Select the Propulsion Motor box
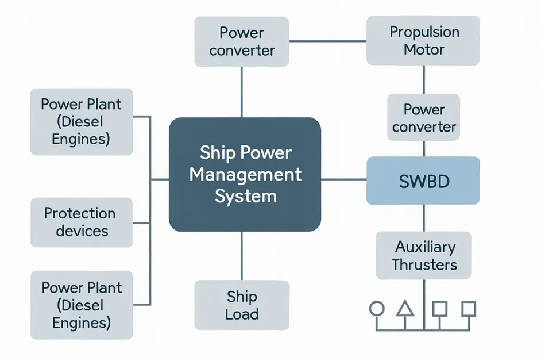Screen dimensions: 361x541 pos(424,40)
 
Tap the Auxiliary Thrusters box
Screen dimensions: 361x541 pos(424,256)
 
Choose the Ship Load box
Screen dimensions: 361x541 pos(242,305)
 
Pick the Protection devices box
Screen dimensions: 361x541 pos(81,222)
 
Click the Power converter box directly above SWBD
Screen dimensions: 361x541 pos(424,118)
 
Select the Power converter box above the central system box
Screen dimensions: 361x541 pos(242,41)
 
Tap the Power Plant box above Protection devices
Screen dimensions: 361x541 pos(81,121)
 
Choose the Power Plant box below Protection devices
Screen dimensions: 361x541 pos(81,305)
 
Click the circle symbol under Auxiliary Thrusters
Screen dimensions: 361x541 pos(376,309)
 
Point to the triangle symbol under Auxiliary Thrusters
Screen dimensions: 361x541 pos(405,309)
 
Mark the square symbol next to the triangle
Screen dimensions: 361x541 pos(439,309)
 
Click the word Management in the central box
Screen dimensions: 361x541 pos(245,174)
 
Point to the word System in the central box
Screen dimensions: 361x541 pos(245,195)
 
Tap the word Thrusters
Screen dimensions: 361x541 pos(424,264)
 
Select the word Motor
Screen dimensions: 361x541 pos(424,49)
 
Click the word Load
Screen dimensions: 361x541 pos(242,314)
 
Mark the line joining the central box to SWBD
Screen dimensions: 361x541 pos(343,180)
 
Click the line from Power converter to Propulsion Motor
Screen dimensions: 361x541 pos(328,41)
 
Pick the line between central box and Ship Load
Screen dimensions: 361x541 pos(242,256)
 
